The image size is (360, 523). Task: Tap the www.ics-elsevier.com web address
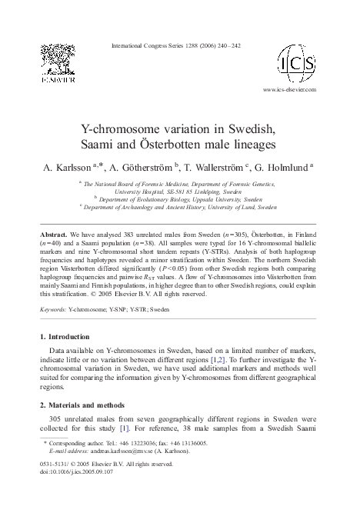(295, 89)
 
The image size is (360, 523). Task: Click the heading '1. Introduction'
(66, 337)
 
